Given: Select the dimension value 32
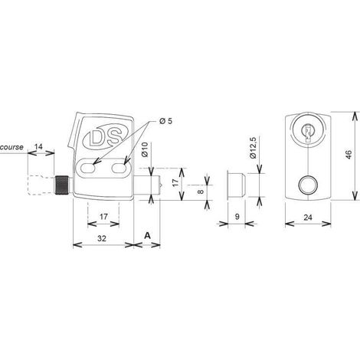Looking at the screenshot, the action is click(x=102, y=238).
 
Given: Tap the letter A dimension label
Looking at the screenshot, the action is click(x=147, y=235).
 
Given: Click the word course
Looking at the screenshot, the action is click(x=11, y=147).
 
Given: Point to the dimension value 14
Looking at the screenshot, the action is click(x=38, y=146).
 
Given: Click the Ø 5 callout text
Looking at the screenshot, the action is click(x=165, y=121).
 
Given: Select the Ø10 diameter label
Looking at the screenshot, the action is click(x=145, y=149).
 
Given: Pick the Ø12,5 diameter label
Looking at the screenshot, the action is click(x=253, y=148).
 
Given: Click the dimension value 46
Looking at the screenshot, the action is click(x=349, y=155).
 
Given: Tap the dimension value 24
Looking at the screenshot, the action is click(x=308, y=218).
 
